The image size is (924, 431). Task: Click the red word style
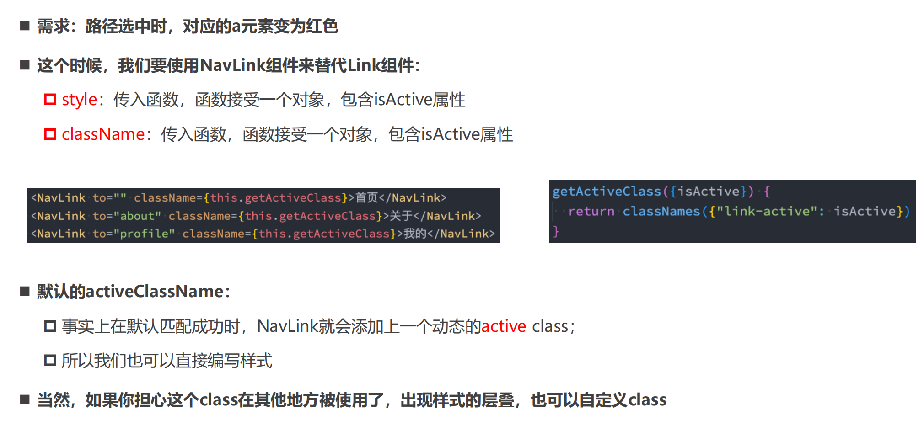coord(79,100)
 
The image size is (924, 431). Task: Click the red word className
coord(103,134)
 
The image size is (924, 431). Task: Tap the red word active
coord(504,326)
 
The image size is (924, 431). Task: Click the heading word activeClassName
coord(154,292)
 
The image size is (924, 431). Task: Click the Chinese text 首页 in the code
coord(366,197)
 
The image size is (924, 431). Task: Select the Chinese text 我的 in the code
coord(415,234)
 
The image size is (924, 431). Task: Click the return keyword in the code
coord(591,211)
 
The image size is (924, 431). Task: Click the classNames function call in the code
coord(661,211)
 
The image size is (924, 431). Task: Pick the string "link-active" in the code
coord(767,211)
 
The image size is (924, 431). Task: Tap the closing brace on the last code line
coord(556,231)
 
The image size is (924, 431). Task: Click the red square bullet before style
coord(50,99)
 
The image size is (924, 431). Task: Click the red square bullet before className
coord(50,134)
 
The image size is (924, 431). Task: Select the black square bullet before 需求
coord(25,26)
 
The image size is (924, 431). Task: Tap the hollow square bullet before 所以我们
coord(50,361)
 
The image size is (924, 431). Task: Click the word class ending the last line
coord(647,400)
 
